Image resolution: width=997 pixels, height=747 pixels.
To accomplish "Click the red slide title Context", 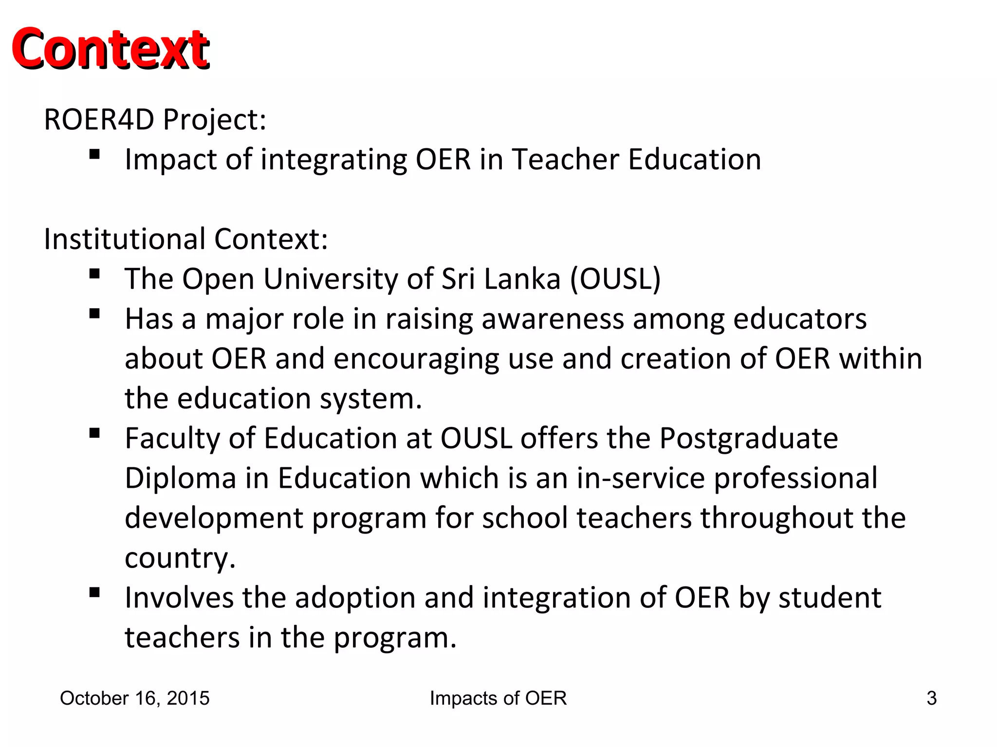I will click(x=111, y=49).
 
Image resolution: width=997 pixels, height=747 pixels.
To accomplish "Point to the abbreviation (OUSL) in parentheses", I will click(x=615, y=279).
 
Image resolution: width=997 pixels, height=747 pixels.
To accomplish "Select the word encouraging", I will click(x=416, y=359).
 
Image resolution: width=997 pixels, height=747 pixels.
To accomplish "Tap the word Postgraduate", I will click(x=749, y=439).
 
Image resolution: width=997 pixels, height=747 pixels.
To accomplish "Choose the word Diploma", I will click(x=181, y=479).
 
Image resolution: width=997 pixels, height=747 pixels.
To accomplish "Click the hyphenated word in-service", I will click(x=641, y=479).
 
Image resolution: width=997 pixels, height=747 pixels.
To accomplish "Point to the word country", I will click(x=180, y=558).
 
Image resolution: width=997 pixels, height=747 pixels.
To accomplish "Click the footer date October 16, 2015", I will click(x=135, y=698).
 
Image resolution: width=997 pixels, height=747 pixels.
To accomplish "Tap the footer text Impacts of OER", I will click(x=498, y=698).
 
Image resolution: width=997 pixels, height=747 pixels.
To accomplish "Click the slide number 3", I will click(x=931, y=698).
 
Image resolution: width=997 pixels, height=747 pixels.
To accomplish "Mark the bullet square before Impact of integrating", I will click(x=94, y=155).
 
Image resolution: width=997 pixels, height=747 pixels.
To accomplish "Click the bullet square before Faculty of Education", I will click(x=94, y=433).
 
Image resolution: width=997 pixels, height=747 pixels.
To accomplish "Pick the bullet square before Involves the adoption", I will click(x=94, y=592).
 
